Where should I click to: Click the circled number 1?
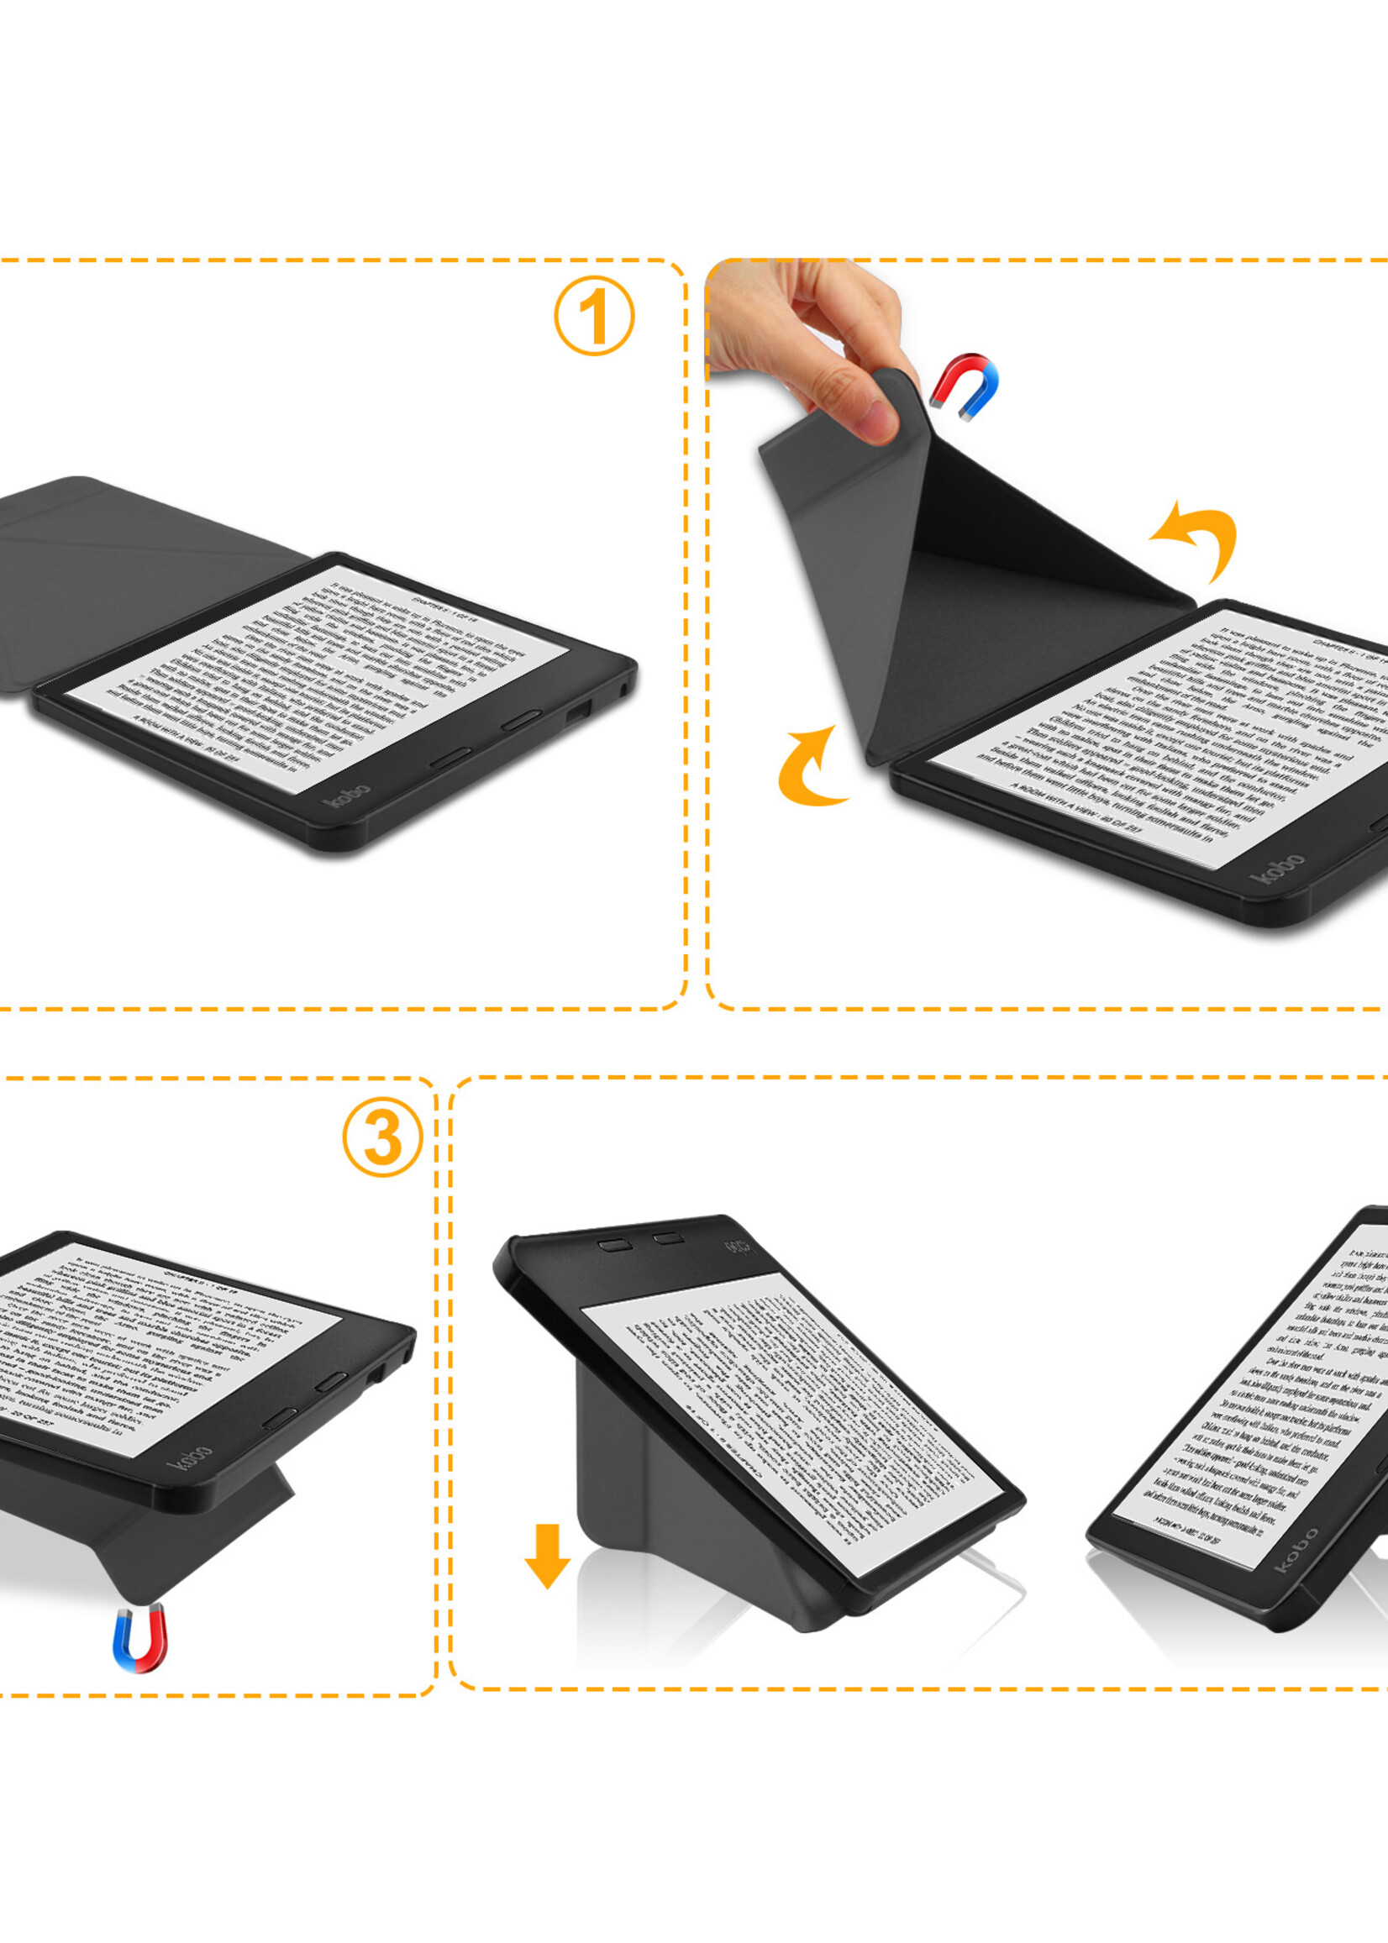click(x=594, y=315)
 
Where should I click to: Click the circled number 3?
click(x=382, y=1137)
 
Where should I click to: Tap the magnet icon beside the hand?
click(x=965, y=386)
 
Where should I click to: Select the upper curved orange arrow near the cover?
click(x=1199, y=537)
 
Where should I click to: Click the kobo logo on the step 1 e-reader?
click(x=347, y=794)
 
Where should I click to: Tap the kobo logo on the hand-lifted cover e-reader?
click(x=1276, y=867)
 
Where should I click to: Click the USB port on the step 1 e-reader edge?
click(x=579, y=709)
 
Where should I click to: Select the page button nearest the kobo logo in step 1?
click(x=450, y=757)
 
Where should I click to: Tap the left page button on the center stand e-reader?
click(x=614, y=1245)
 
